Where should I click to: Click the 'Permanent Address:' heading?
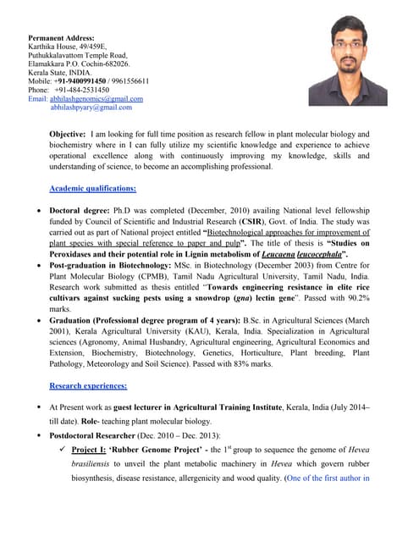[x=61, y=38]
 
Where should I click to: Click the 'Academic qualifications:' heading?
[x=93, y=188]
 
